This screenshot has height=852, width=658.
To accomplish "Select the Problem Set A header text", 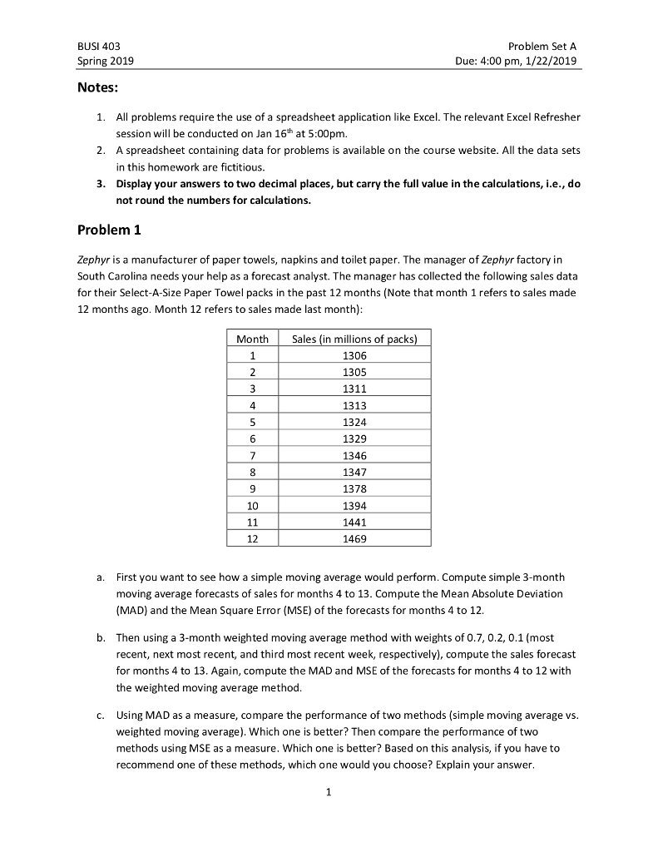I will tap(547, 46).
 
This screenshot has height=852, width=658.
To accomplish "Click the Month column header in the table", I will tap(252, 339).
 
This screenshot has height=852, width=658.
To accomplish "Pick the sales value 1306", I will tap(354, 355).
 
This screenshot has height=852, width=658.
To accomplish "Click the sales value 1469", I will tap(354, 539).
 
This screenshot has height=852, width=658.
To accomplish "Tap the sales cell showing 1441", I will tap(354, 523).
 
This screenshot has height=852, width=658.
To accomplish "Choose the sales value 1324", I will tap(354, 422).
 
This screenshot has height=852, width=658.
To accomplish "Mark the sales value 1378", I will tap(354, 489).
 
